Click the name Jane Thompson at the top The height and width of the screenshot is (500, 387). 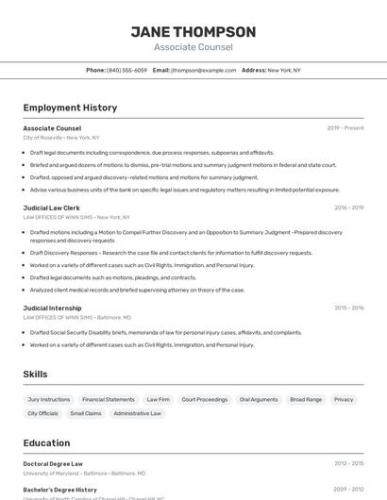click(x=193, y=31)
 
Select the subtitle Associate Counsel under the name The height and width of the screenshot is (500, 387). click(x=193, y=47)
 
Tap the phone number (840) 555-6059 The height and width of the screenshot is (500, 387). click(x=126, y=70)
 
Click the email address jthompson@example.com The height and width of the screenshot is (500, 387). click(x=203, y=70)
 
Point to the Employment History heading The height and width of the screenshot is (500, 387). click(x=70, y=108)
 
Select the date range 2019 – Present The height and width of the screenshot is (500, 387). click(x=345, y=128)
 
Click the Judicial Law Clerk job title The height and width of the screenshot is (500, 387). click(x=51, y=208)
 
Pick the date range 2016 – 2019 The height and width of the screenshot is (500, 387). click(x=348, y=208)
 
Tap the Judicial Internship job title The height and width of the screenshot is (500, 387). click(x=52, y=308)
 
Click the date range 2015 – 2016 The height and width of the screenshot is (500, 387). click(x=348, y=308)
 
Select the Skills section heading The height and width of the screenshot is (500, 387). click(x=35, y=375)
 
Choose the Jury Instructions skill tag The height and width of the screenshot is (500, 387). click(x=49, y=399)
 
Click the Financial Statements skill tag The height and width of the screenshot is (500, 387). click(x=108, y=399)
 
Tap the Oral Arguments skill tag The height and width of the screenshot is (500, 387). click(x=258, y=399)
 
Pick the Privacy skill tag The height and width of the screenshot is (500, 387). click(x=344, y=399)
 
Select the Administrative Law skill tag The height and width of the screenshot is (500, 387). click(x=137, y=413)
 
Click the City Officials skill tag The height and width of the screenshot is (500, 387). click(x=42, y=413)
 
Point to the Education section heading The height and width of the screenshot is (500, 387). click(x=46, y=443)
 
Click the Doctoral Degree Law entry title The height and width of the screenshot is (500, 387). click(x=53, y=464)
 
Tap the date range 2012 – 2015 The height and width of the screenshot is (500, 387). click(x=348, y=464)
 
